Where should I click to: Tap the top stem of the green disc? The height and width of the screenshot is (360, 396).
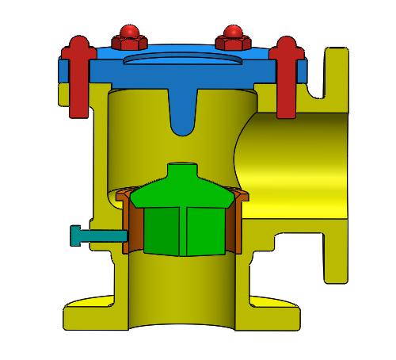182,172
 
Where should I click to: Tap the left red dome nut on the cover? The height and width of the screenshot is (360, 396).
129,36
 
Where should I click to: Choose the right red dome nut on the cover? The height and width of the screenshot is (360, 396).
233,36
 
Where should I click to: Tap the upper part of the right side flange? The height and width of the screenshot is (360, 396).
337,79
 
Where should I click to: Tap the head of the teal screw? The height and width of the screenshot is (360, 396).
77,236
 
